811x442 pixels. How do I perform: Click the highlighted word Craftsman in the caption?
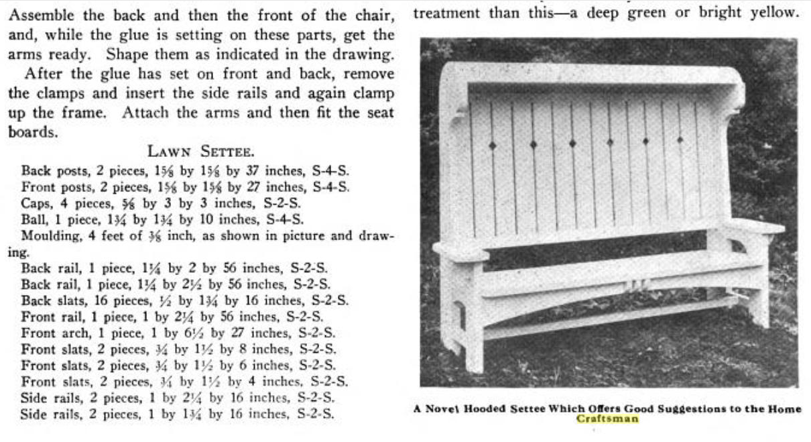point(607,420)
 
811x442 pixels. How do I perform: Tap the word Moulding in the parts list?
point(46,236)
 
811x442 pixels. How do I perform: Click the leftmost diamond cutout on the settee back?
point(493,145)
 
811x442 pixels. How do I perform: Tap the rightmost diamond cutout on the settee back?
point(680,140)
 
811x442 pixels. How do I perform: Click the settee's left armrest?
point(460,252)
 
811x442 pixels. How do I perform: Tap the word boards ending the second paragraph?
point(30,132)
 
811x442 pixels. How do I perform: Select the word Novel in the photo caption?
point(446,409)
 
